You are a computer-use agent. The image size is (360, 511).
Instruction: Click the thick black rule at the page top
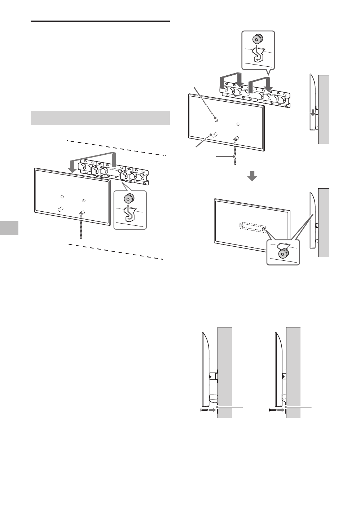100,22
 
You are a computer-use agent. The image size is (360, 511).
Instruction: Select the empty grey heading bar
100,118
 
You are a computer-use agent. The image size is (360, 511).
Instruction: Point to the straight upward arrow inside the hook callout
128,209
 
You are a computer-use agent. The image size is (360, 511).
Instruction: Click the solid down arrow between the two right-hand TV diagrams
253,176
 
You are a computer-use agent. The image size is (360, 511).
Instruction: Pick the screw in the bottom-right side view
273,410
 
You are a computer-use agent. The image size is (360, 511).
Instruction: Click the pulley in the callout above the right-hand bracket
258,39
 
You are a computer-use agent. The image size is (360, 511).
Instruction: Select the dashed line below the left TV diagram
116,251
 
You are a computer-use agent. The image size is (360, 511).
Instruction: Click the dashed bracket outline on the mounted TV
253,227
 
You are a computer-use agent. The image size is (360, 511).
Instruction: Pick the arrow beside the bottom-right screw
281,410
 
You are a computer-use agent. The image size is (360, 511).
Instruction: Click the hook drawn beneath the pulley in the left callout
128,215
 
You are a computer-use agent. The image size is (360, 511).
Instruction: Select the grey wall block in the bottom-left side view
224,371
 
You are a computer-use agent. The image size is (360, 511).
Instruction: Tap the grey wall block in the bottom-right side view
293,371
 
